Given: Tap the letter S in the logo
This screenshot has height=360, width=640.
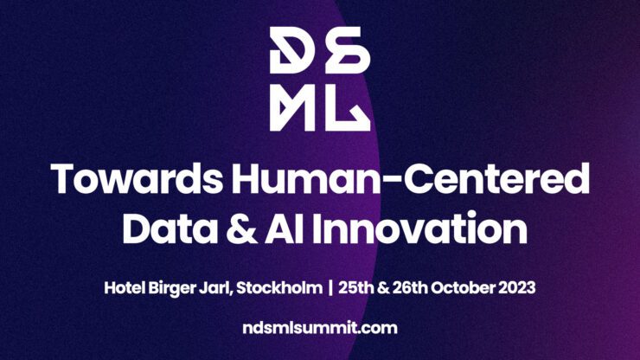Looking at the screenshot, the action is click(348, 50).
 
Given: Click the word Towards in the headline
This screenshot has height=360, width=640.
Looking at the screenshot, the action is click(138, 178).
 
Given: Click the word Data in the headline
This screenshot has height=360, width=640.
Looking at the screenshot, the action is click(170, 228).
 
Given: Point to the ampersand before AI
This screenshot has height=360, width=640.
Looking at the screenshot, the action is click(240, 228).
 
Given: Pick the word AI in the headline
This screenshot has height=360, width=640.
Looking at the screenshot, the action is click(285, 228).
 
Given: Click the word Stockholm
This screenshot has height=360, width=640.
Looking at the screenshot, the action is click(279, 288).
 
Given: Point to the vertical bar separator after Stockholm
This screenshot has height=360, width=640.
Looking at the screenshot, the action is click(330, 288).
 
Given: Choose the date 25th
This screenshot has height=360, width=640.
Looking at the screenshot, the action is click(356, 288).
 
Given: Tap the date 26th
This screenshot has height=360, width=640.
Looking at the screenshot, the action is click(410, 288).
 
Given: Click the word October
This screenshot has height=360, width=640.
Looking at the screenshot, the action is click(463, 288).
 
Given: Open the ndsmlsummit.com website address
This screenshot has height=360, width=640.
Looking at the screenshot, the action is click(320, 328).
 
